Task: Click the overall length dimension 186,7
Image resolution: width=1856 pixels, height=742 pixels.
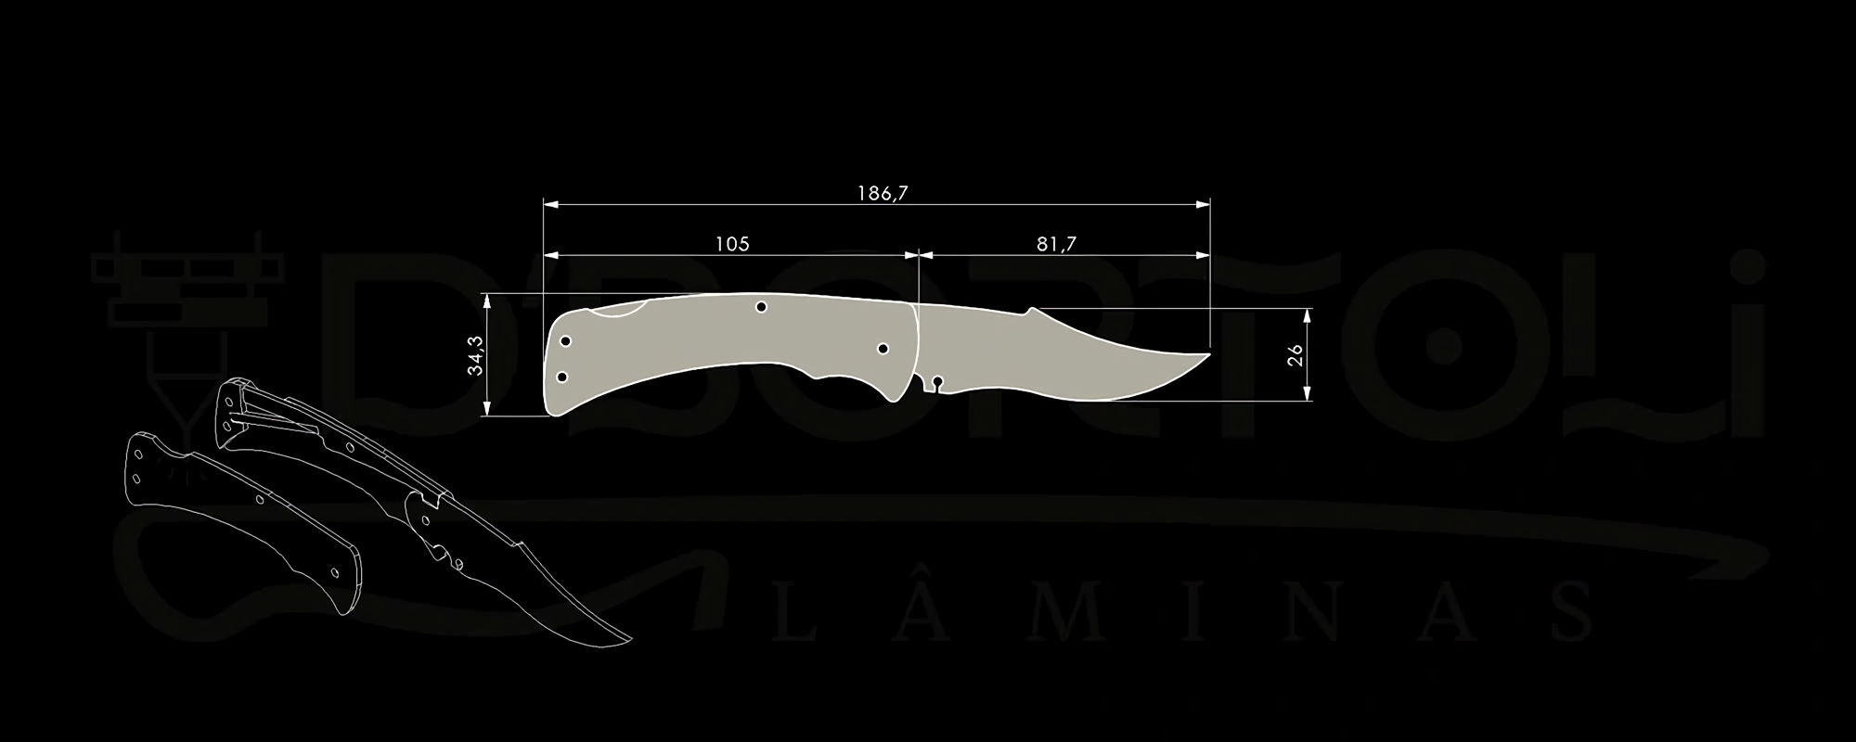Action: pos(882,193)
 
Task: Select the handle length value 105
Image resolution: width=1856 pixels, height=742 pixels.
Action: pos(732,244)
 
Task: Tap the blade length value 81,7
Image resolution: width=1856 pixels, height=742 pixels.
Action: pos(1056,244)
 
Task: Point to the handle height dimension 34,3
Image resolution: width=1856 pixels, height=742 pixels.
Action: pos(476,354)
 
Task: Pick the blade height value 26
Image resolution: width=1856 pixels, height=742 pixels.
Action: pos(1295,354)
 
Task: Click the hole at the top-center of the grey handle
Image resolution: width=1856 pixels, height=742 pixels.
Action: pos(761,307)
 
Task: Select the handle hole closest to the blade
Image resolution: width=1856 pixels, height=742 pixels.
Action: pos(883,349)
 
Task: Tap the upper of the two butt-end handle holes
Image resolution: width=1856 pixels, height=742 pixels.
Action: pos(565,341)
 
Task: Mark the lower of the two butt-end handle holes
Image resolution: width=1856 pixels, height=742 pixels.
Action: pos(561,377)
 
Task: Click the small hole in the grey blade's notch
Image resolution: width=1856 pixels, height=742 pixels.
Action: pos(937,380)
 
